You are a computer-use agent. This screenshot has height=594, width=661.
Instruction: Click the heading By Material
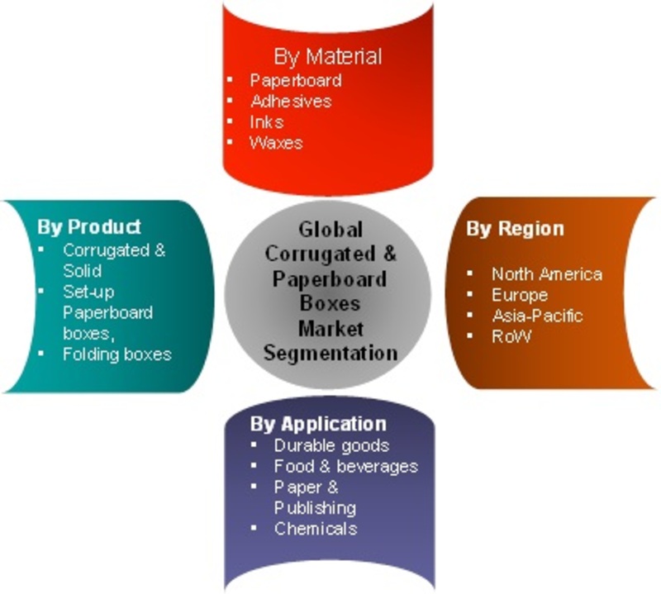coord(327,57)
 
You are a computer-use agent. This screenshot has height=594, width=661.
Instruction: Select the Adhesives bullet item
coord(291,101)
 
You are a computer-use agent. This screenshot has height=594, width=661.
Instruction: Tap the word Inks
coord(266,122)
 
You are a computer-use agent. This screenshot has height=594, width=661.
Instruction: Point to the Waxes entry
coord(276,143)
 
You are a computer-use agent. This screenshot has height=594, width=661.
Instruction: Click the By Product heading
coord(89,227)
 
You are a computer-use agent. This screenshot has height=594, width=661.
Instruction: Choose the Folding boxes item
coord(117,354)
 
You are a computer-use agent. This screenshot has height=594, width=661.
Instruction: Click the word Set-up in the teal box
coord(88,292)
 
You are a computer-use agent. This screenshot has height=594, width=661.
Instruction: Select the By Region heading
coord(515,229)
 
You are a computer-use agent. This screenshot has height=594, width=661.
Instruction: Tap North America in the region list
coord(547,274)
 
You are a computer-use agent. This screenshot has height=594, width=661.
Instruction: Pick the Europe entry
coord(520,295)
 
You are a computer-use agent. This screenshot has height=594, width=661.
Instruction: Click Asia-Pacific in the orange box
coord(538,316)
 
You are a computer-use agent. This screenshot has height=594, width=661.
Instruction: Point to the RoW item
coord(511,336)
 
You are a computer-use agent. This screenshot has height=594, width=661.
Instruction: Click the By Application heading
coord(318,424)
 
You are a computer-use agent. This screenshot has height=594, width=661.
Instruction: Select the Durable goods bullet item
coord(331,445)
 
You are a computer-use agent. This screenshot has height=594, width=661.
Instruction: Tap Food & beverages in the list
coord(345,466)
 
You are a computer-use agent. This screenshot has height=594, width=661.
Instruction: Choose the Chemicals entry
coord(316,529)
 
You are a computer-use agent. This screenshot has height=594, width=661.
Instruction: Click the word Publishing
coord(315,508)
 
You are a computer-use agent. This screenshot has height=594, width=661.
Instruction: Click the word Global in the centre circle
coord(330,230)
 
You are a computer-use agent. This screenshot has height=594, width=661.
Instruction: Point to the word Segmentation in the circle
coord(330,354)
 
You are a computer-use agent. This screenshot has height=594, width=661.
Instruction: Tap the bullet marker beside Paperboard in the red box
coord(230,79)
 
